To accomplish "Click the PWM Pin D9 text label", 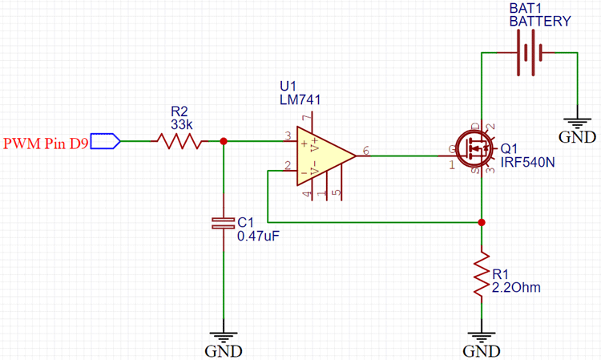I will (45, 144).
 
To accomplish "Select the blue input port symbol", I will (105, 142).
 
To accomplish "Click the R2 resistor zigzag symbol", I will (181, 142).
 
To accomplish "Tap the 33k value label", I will (181, 125).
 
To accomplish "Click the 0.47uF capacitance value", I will (257, 237).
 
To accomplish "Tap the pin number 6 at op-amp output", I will (366, 150).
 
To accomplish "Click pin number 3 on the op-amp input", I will (286, 136).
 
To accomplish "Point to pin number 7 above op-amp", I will (305, 118).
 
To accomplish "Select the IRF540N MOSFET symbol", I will (479, 149).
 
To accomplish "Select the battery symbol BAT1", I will (529, 54).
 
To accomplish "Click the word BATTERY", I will (541, 22).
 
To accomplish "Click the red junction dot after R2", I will (223, 142).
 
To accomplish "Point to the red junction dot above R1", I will (482, 222).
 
